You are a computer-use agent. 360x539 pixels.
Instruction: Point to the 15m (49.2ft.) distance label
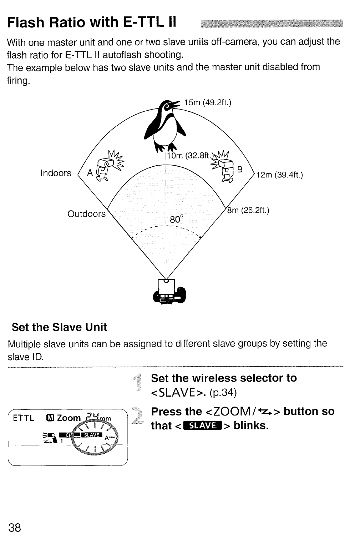tap(208, 103)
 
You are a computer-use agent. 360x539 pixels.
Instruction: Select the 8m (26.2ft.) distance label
tap(248, 211)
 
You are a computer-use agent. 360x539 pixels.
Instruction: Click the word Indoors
tap(56, 173)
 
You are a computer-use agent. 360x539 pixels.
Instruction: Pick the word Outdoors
tap(87, 214)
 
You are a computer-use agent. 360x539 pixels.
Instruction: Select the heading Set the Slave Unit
tap(59, 327)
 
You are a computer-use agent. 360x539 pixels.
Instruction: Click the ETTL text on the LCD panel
tap(24, 418)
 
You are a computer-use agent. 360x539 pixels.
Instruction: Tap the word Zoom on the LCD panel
tap(69, 418)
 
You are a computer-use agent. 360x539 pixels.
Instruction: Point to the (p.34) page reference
tap(223, 393)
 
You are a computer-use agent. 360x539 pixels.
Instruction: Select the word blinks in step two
tap(250, 425)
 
